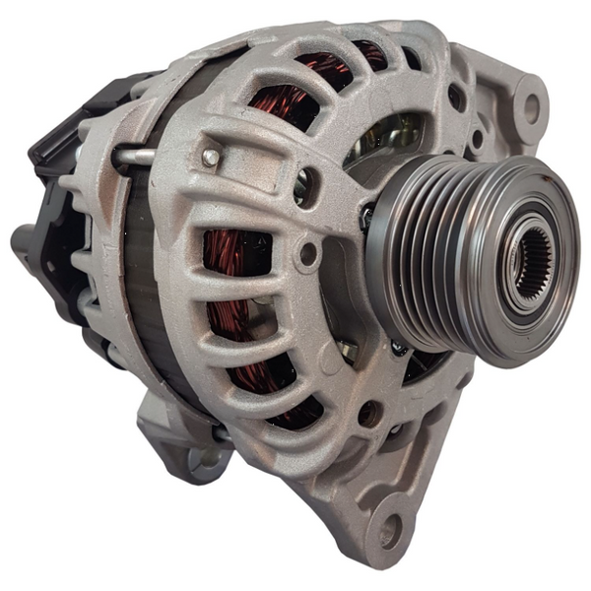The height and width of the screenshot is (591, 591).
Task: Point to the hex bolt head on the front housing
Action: (x=210, y=157)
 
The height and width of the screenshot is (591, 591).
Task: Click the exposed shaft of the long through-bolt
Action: (x=137, y=155)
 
